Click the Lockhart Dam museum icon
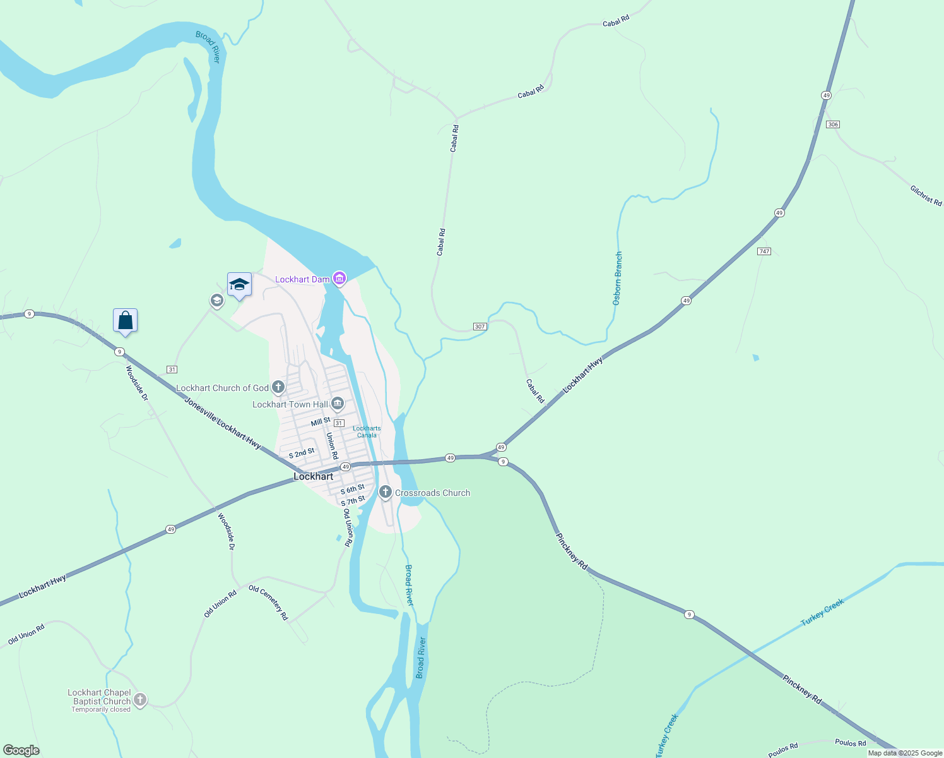(x=339, y=278)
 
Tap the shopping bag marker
(x=125, y=321)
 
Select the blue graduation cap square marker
(x=239, y=285)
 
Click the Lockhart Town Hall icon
(x=338, y=404)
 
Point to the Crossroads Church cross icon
(x=385, y=491)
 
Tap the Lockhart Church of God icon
(x=278, y=387)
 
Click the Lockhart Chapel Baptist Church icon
(x=140, y=699)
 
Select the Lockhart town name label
(x=313, y=476)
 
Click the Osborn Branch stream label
(x=618, y=279)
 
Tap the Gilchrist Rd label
(x=926, y=195)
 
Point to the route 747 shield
(x=764, y=251)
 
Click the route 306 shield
(x=832, y=124)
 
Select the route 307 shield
(x=480, y=327)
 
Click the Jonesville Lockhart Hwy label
(x=223, y=423)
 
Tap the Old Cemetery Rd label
(x=268, y=603)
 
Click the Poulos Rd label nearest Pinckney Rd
(x=850, y=743)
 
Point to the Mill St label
(x=321, y=421)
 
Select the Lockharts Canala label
(x=367, y=431)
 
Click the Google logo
(x=21, y=750)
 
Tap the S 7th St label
(x=353, y=501)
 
